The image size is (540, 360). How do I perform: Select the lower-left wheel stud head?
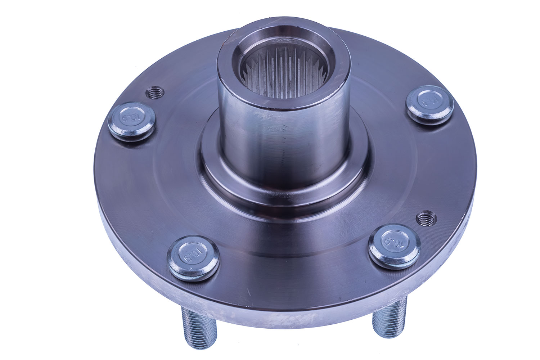coord(194,256)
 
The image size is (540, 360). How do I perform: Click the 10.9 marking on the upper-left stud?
coord(130,118)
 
